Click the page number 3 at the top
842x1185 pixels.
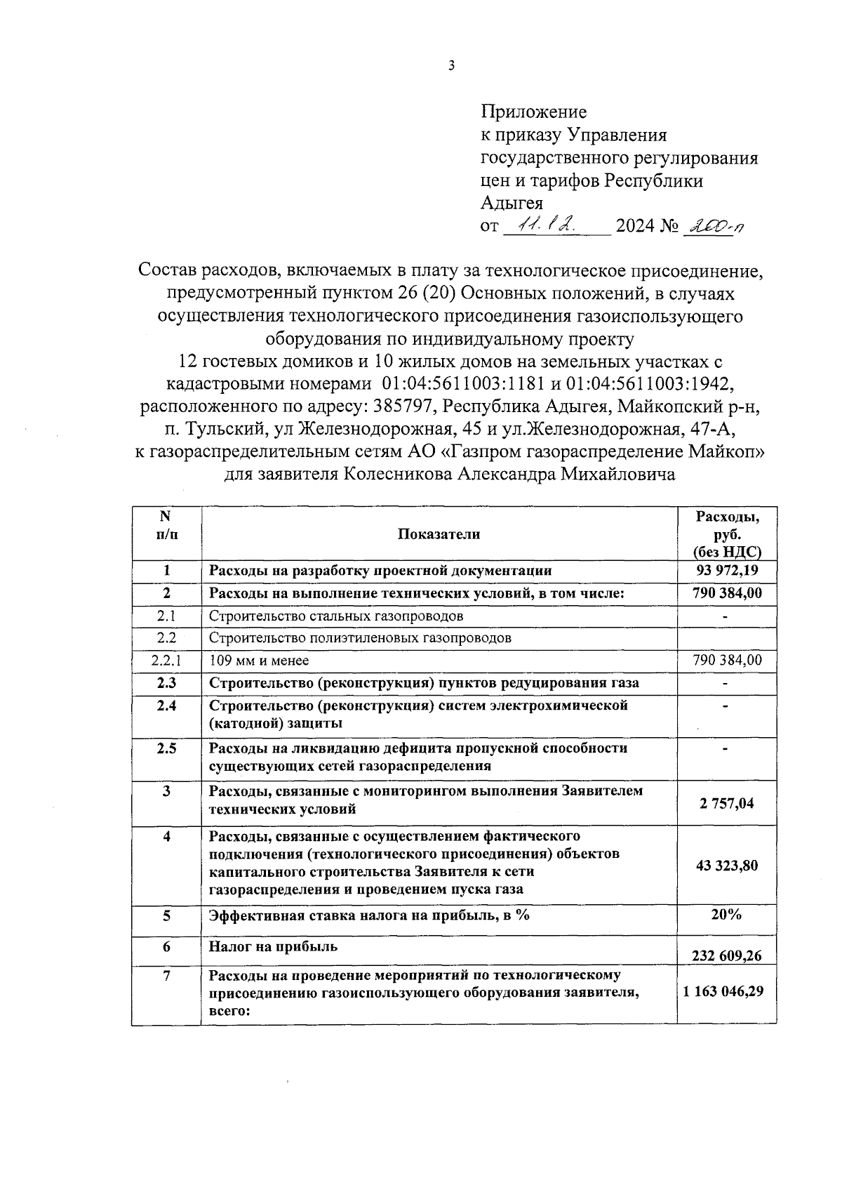[x=451, y=66]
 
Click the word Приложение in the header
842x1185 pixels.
[x=533, y=112]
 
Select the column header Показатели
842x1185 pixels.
[x=439, y=534]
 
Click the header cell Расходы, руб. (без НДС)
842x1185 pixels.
[x=726, y=534]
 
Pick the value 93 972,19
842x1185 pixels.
[x=726, y=571]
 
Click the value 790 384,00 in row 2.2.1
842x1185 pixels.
[x=726, y=661]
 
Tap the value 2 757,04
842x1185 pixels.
[x=726, y=803]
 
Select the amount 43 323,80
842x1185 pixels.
[x=726, y=865]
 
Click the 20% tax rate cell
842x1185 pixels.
[x=726, y=915]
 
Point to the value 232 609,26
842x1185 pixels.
[x=726, y=955]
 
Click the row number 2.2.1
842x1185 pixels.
[x=166, y=661]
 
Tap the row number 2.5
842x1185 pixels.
[x=166, y=748]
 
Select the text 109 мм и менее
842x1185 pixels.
[x=259, y=661]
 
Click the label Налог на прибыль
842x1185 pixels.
[x=273, y=946]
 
